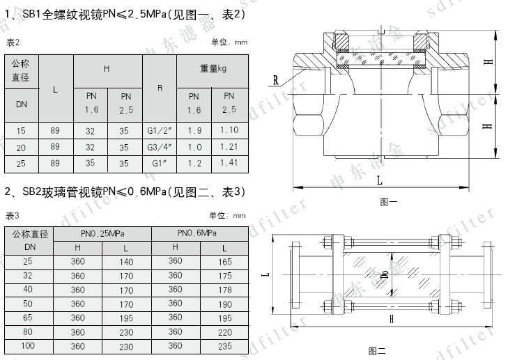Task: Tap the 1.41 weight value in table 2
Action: (x=229, y=163)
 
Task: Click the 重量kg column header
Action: (x=212, y=69)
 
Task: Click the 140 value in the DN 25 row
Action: (x=126, y=262)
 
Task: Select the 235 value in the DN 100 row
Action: (x=224, y=346)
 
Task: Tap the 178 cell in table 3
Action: (x=224, y=290)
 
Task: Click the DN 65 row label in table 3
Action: (x=28, y=318)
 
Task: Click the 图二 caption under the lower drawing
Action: (x=377, y=351)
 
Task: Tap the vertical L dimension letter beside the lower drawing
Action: (x=265, y=275)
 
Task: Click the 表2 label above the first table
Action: (x=12, y=42)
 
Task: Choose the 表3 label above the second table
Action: (x=12, y=214)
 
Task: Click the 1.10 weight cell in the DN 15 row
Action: (x=229, y=130)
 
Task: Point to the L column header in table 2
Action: (x=56, y=89)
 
